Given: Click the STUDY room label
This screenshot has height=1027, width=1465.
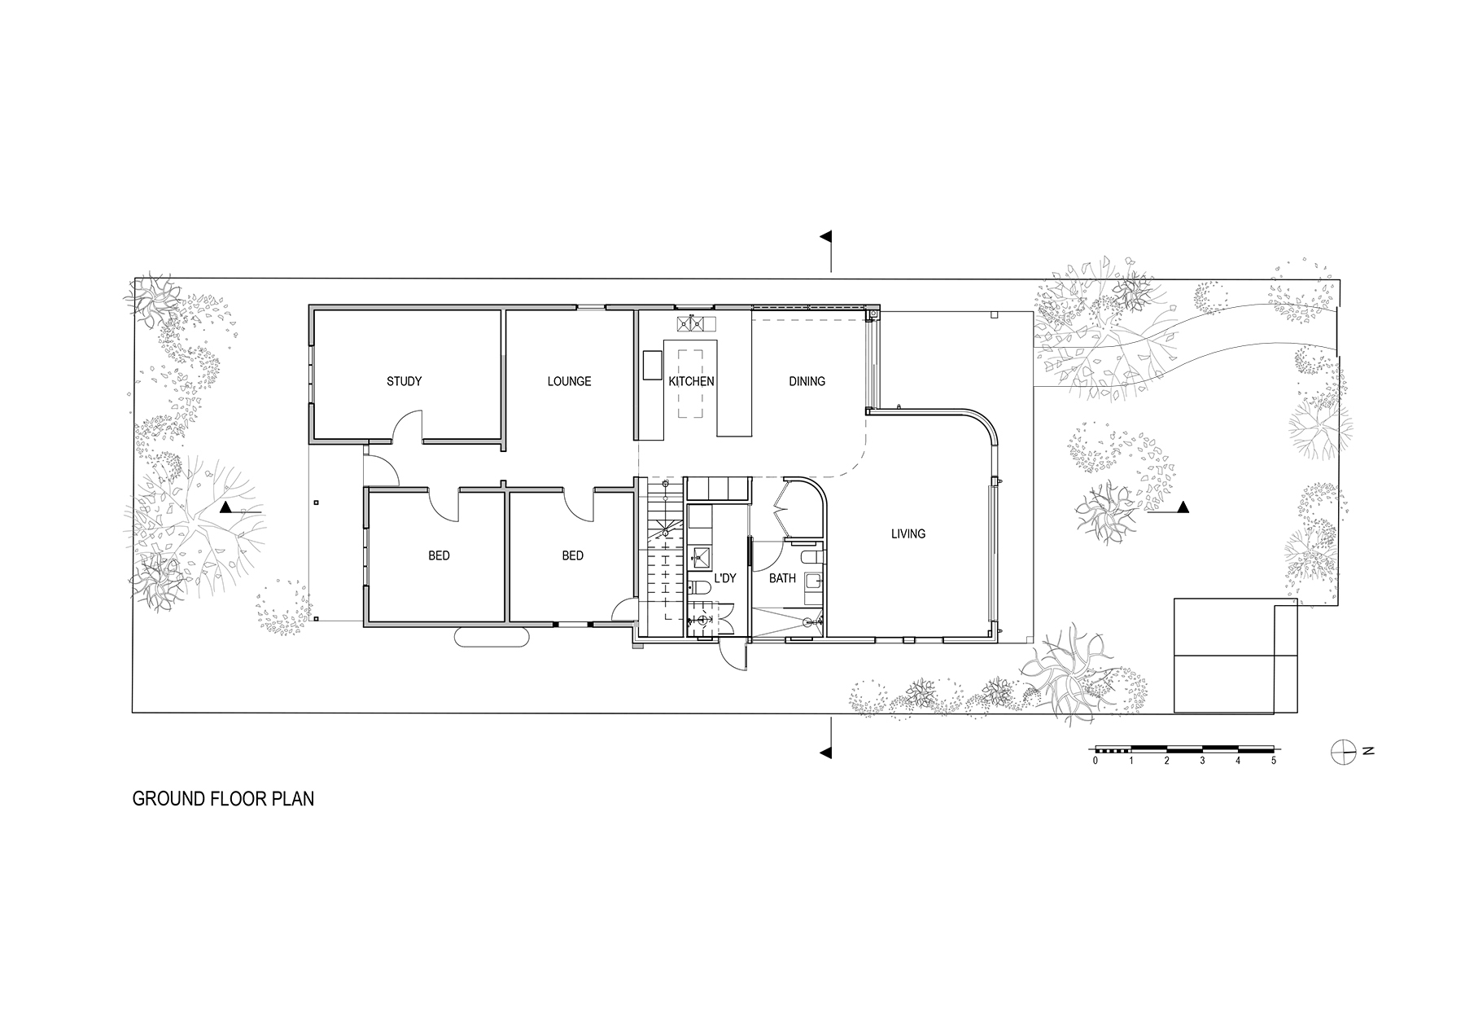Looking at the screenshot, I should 404,381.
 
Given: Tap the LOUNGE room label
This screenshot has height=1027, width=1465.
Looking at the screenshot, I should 569,381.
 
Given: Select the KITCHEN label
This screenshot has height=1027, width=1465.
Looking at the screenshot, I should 691,381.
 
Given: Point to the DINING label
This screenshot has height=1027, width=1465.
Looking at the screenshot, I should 807,381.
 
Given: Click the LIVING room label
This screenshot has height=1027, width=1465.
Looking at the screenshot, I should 907,534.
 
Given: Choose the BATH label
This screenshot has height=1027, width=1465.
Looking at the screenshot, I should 782,579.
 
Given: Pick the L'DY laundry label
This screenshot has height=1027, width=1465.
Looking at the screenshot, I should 724,579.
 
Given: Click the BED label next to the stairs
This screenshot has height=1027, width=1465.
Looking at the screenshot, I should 572,556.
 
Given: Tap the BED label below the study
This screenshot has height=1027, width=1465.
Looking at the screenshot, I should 439,556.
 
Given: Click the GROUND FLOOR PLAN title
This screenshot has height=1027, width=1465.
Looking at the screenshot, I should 223,799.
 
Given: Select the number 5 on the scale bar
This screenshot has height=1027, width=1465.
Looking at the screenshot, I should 1274,761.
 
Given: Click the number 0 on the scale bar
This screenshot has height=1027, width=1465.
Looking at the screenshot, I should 1095,761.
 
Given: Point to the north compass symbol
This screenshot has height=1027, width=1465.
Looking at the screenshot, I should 1342,751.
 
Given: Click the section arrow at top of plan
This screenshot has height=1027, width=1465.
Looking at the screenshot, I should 828,238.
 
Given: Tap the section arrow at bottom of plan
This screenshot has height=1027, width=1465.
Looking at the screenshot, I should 827,751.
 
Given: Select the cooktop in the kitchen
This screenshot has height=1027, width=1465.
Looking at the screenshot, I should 691,324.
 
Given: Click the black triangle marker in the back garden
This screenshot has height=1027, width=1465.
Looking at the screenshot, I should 1183,508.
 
